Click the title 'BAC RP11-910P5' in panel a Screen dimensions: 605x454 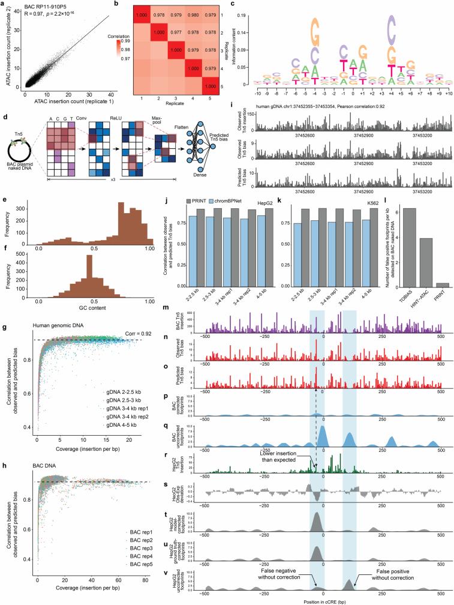tap(47, 7)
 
